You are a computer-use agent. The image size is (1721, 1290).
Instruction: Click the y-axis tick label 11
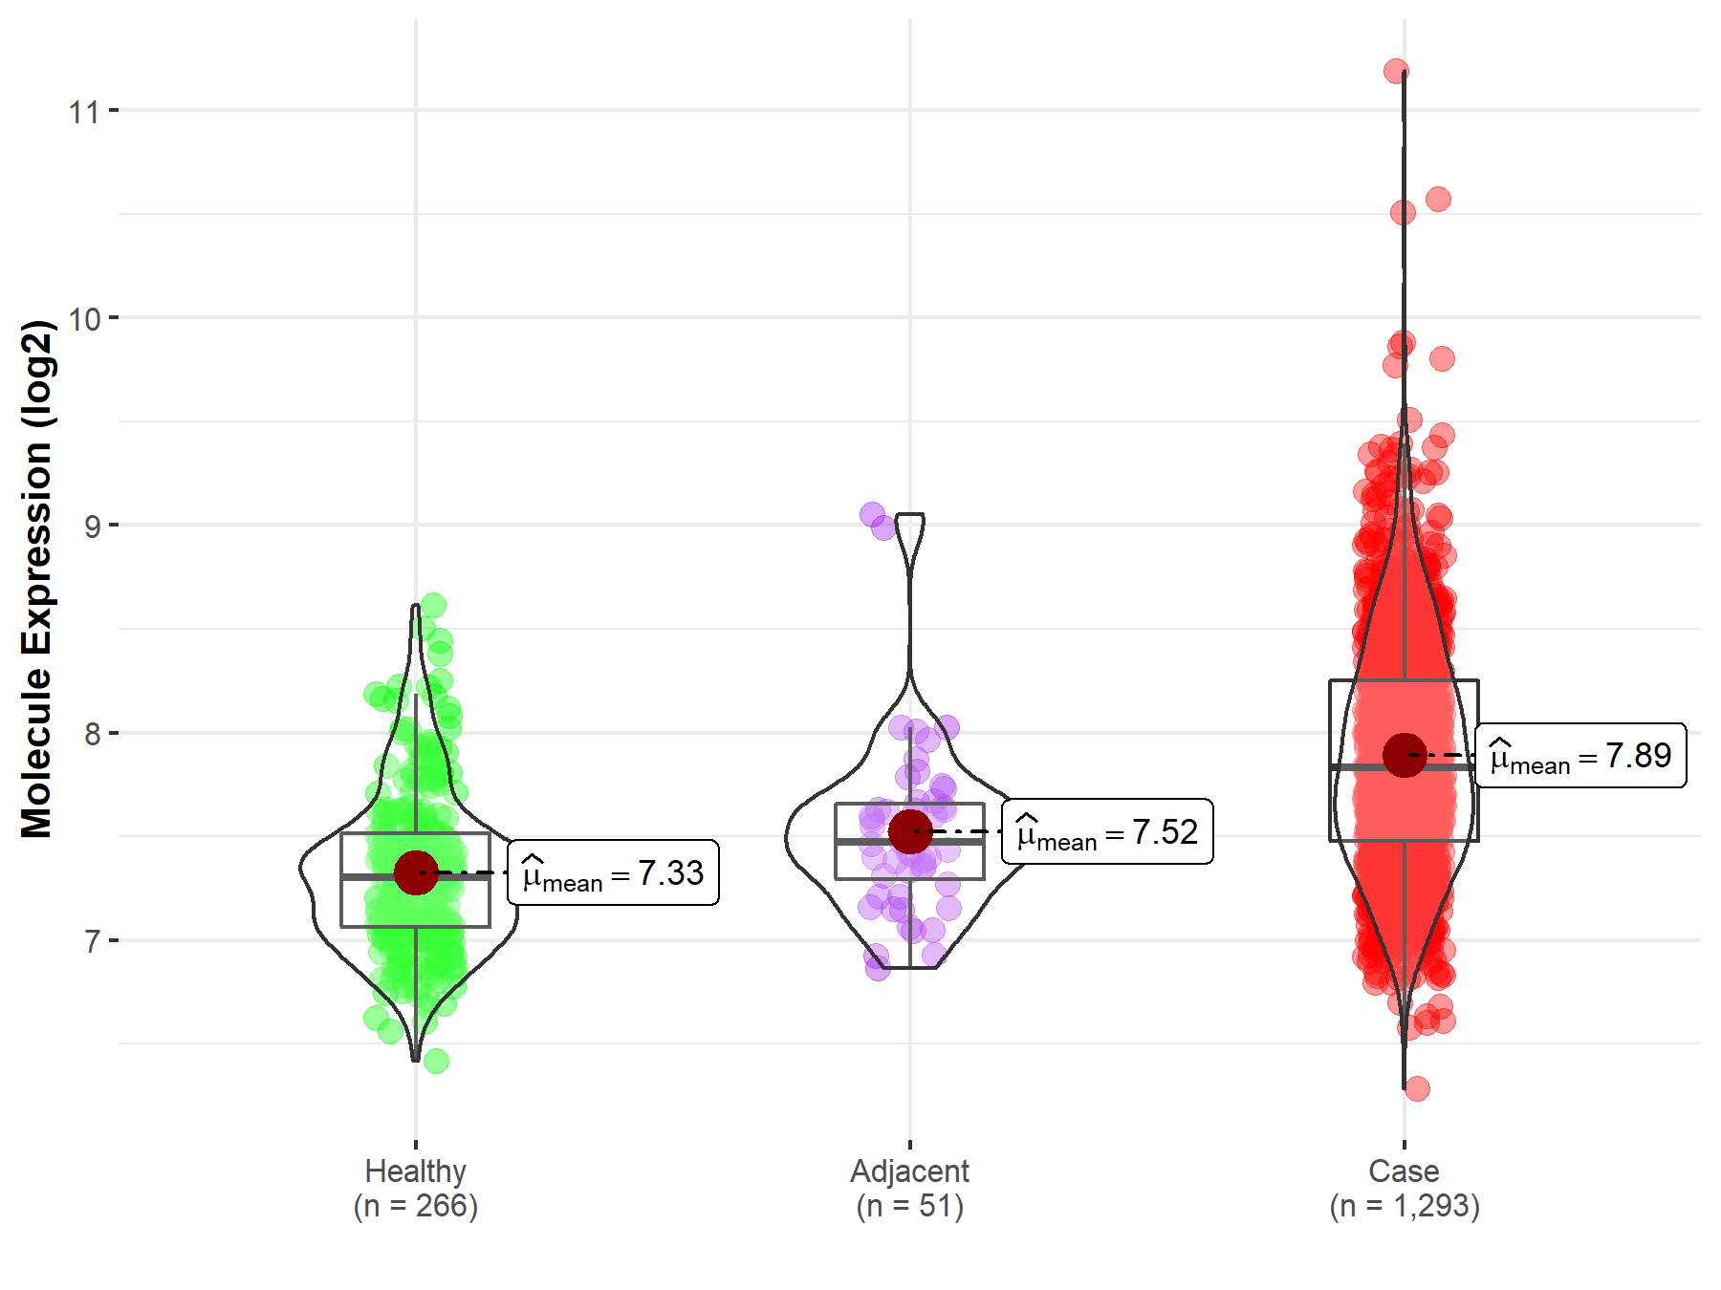coord(83,112)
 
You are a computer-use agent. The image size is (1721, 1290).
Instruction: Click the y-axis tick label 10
coord(83,319)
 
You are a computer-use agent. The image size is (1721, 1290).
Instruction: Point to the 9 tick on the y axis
coord(92,527)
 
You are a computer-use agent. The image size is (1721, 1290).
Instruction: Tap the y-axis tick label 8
coord(92,734)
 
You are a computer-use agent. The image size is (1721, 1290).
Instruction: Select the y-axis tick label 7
coord(92,942)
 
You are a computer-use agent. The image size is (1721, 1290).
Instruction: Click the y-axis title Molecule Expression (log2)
coord(36,579)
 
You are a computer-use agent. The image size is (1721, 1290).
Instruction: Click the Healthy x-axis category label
coord(415,1171)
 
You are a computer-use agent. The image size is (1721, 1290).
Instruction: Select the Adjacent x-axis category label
coord(909,1171)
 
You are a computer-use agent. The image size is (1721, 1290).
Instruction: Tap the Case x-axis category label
coord(1404,1171)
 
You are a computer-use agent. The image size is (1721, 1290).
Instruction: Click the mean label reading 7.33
coord(613,873)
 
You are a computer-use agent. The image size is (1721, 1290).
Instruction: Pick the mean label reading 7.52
coord(1107,832)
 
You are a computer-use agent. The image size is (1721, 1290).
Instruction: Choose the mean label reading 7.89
coord(1580,756)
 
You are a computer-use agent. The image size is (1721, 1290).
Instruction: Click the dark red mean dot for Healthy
coord(416,872)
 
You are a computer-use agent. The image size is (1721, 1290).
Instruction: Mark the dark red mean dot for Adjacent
coord(910,831)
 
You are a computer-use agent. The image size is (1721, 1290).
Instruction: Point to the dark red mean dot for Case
coord(1405,755)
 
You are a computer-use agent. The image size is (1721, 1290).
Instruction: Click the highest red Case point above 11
coord(1396,71)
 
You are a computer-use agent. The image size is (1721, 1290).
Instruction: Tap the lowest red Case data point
coord(1417,1088)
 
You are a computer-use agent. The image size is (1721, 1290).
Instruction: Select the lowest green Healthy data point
coord(436,1061)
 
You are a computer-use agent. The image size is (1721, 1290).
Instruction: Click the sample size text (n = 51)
coord(909,1206)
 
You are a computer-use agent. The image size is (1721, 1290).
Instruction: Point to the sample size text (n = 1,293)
coord(1404,1206)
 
